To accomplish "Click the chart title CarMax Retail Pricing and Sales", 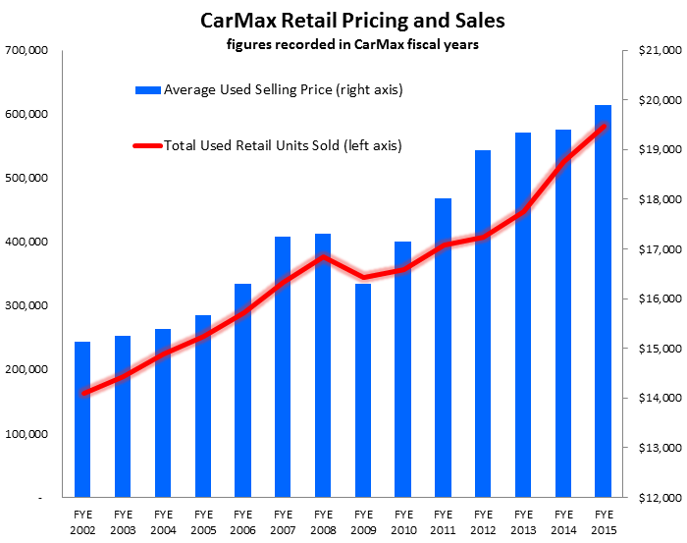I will tap(343, 20).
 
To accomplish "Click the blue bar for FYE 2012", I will tap(483, 324).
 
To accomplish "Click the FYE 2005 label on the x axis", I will tap(203, 519).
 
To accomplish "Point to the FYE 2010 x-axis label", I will tap(403, 519).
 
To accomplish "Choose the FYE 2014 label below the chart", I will tap(563, 519).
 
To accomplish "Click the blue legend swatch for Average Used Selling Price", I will tap(146, 90).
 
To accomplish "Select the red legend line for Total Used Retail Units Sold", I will tap(146, 145).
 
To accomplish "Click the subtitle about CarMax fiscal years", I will tap(343, 43).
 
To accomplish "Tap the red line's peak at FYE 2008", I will tap(323, 256).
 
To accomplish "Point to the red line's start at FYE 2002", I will tap(82, 393).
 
